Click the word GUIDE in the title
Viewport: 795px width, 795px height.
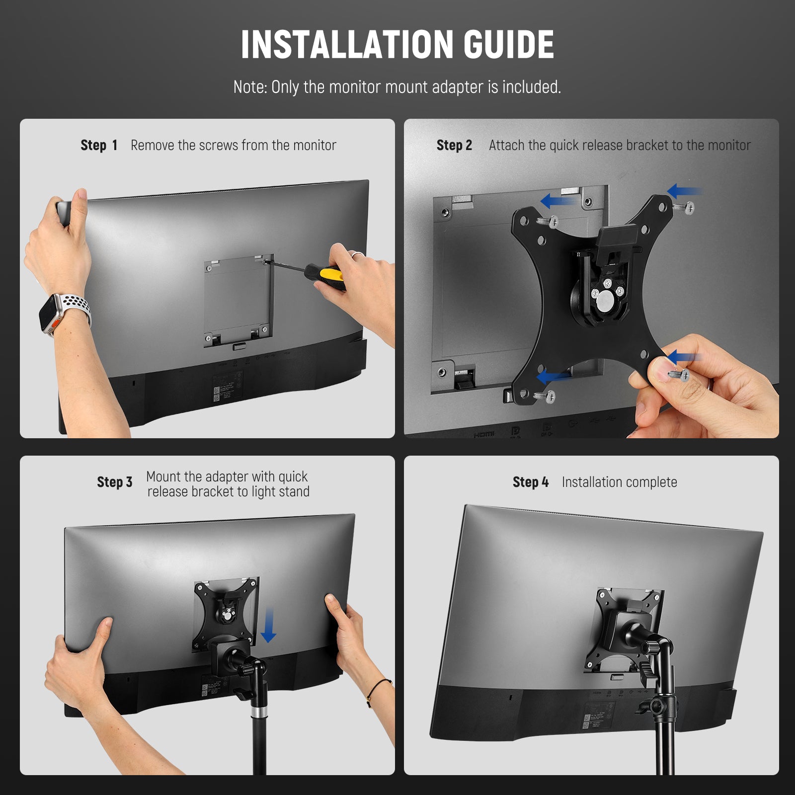509,45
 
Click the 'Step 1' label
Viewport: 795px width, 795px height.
99,145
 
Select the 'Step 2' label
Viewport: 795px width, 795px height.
454,145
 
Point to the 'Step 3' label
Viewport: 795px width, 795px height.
115,482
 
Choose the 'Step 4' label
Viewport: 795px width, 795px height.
531,482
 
